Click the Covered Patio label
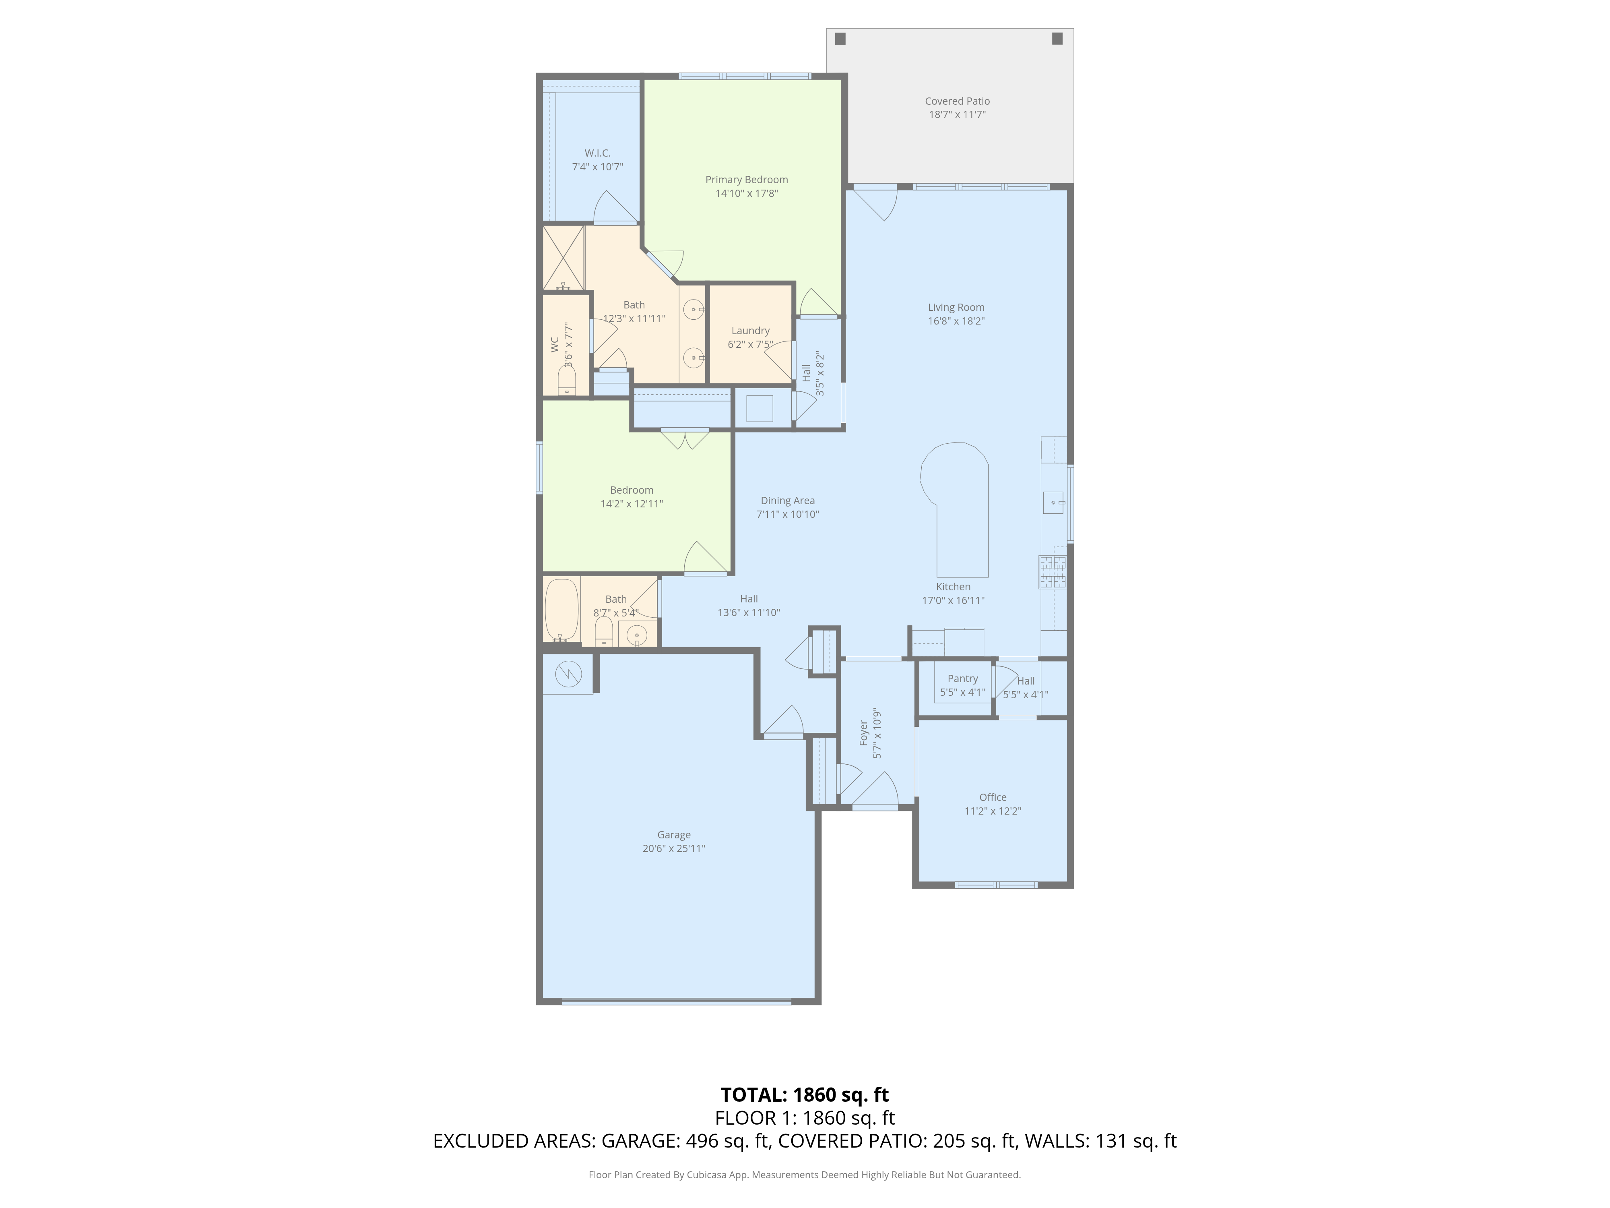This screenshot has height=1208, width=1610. [957, 101]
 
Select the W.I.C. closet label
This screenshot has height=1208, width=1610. [598, 153]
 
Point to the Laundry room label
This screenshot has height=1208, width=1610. [750, 331]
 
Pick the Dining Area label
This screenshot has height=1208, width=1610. [788, 501]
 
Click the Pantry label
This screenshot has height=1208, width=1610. [963, 678]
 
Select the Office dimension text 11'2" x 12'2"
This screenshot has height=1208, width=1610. [993, 811]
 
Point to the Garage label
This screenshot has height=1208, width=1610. [674, 835]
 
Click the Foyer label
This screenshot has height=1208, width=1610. [864, 733]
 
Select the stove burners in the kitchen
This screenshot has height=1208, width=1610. [1053, 572]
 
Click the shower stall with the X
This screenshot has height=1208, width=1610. [564, 258]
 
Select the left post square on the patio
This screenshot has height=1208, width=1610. [841, 39]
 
